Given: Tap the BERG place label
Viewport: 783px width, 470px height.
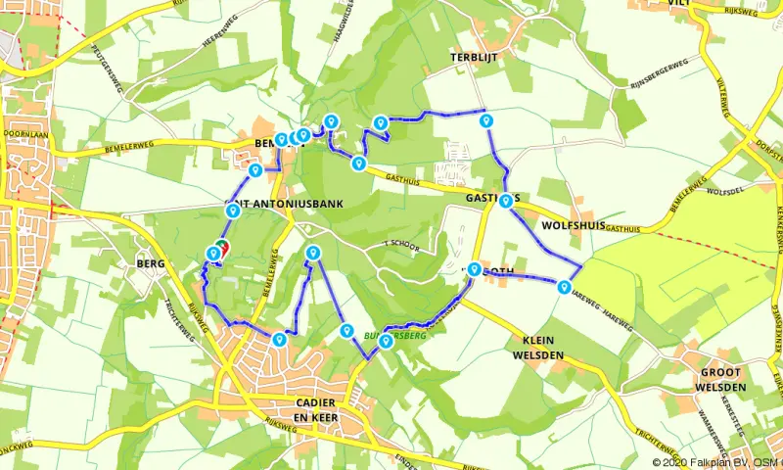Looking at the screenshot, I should pyautogui.click(x=150, y=264).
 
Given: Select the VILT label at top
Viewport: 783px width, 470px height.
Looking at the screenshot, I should pyautogui.click(x=708, y=4).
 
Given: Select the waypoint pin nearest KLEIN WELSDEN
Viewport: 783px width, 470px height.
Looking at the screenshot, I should pyautogui.click(x=565, y=286).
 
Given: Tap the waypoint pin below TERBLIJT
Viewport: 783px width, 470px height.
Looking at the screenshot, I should pyautogui.click(x=484, y=119).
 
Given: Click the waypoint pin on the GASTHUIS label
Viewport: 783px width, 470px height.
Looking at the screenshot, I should pyautogui.click(x=504, y=201).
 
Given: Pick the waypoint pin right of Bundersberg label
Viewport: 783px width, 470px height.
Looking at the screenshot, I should pyautogui.click(x=387, y=340).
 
